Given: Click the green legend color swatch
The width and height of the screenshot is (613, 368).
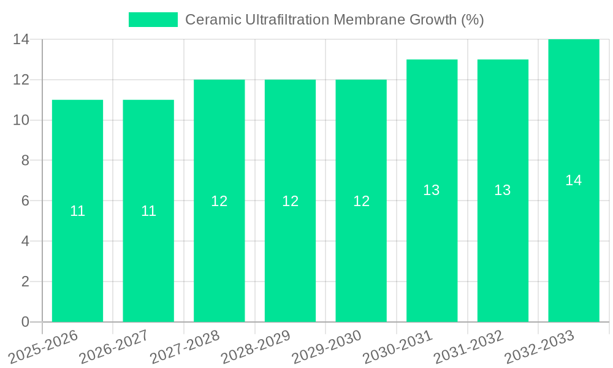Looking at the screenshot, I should pyautogui.click(x=153, y=20).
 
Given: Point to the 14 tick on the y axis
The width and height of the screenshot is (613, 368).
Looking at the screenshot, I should pyautogui.click(x=21, y=40).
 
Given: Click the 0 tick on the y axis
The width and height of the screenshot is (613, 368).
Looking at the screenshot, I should pyautogui.click(x=25, y=322).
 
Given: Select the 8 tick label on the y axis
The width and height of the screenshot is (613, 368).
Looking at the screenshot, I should pyautogui.click(x=25, y=161).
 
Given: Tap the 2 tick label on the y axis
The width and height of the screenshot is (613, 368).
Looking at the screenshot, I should pyautogui.click(x=25, y=282).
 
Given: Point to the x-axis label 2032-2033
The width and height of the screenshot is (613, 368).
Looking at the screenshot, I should pyautogui.click(x=538, y=347).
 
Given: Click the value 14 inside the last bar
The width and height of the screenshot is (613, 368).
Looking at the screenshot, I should pyautogui.click(x=573, y=180).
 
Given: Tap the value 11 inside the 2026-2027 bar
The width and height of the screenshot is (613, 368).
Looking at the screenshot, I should pyautogui.click(x=148, y=211).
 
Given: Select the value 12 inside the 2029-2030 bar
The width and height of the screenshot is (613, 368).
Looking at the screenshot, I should pyautogui.click(x=361, y=201).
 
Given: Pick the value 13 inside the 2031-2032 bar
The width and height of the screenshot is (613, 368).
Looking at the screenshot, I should pyautogui.click(x=503, y=190).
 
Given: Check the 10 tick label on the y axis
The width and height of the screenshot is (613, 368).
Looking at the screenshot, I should pyautogui.click(x=21, y=120).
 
